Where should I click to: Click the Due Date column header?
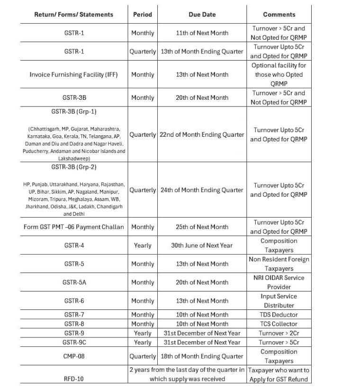(x=202, y=14)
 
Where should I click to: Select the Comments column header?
(x=279, y=14)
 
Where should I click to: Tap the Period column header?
(x=143, y=14)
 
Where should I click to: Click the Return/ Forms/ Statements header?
(x=74, y=14)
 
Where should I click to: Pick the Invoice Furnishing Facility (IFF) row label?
(x=74, y=74)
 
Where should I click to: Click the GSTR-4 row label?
(x=74, y=245)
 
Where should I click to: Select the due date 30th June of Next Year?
(x=202, y=245)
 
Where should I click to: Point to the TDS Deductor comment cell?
(x=279, y=315)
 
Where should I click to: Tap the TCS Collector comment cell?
(x=279, y=324)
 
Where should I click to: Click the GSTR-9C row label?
(x=74, y=342)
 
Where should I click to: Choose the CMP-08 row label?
(x=74, y=356)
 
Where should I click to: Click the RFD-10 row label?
(x=74, y=379)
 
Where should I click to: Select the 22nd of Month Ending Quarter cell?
(x=202, y=134)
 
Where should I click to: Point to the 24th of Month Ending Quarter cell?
(x=202, y=190)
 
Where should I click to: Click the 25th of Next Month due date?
(x=202, y=227)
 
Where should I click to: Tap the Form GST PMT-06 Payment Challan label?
(x=74, y=227)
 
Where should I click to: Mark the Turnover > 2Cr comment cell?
(x=279, y=333)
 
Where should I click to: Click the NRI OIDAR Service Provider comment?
(x=279, y=282)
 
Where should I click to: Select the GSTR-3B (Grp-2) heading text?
(x=74, y=167)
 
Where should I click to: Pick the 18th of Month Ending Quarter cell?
(x=202, y=356)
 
